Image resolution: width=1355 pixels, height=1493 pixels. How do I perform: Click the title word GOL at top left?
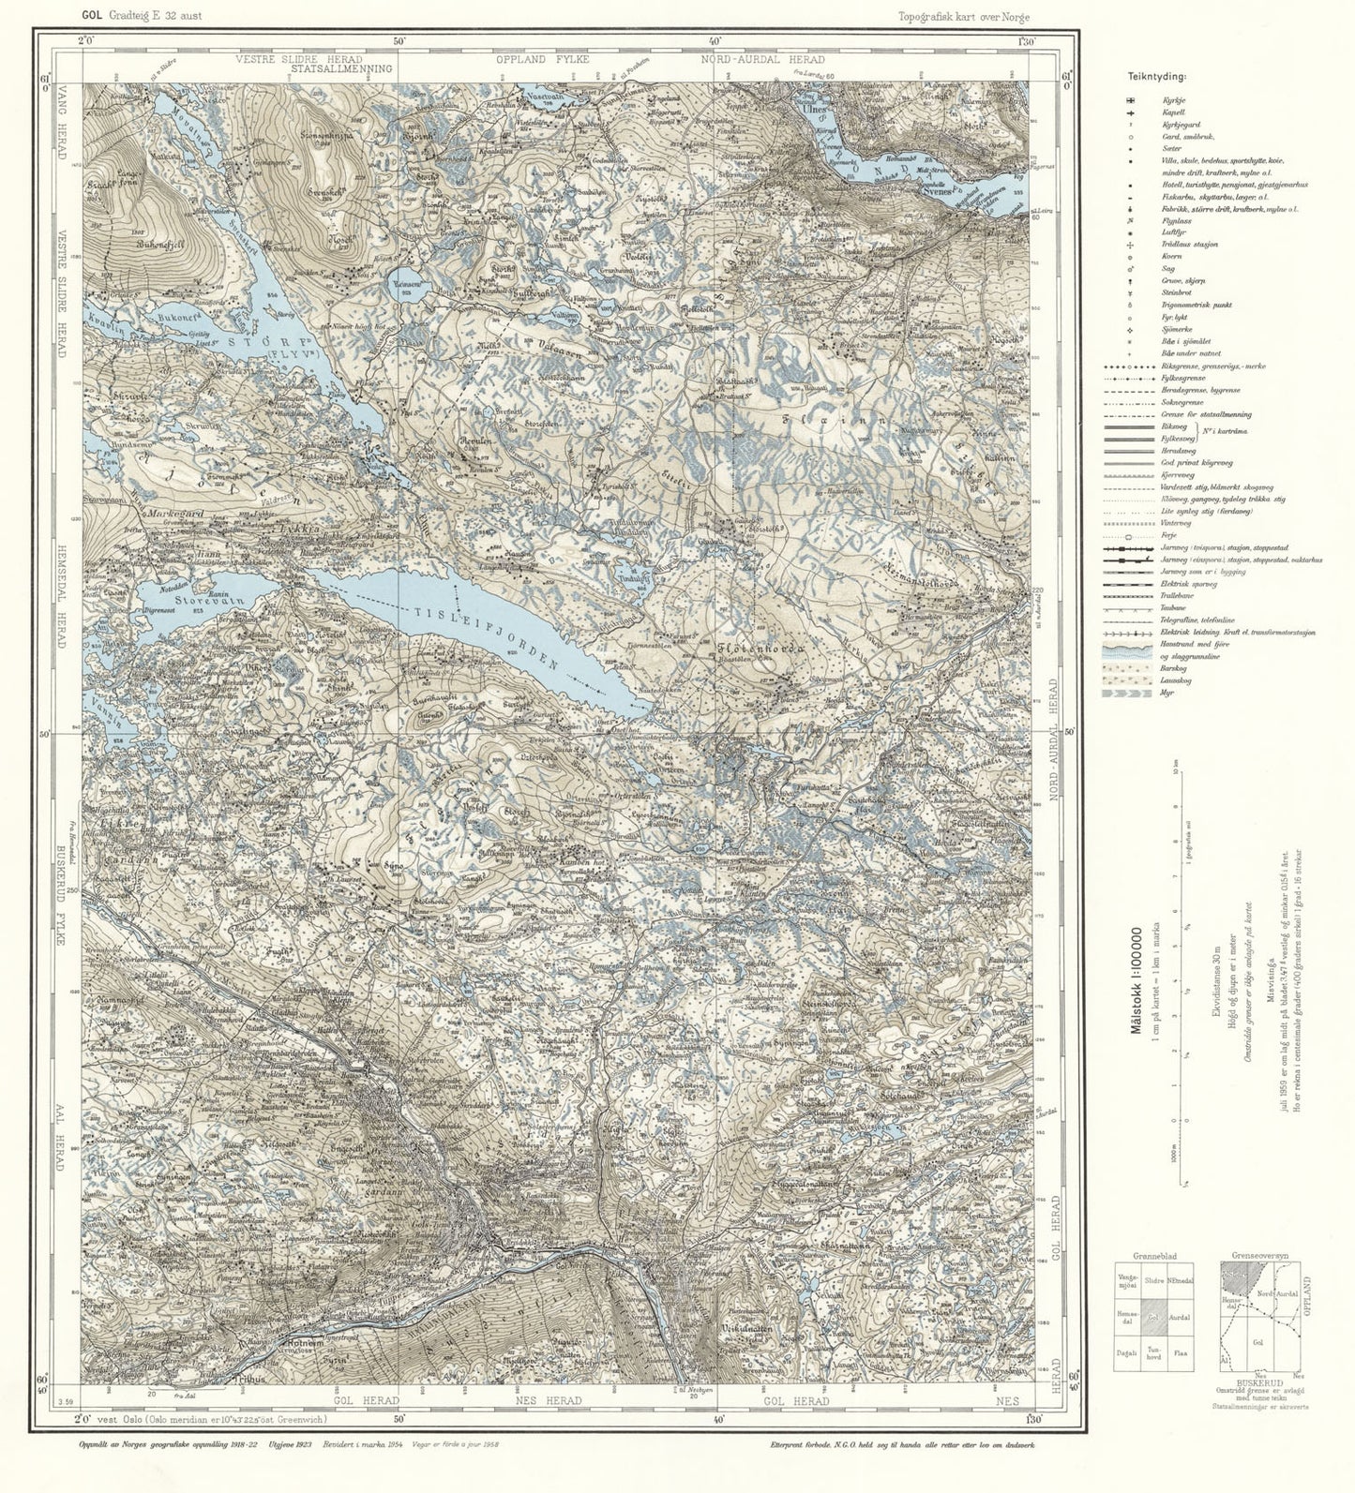(x=92, y=15)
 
